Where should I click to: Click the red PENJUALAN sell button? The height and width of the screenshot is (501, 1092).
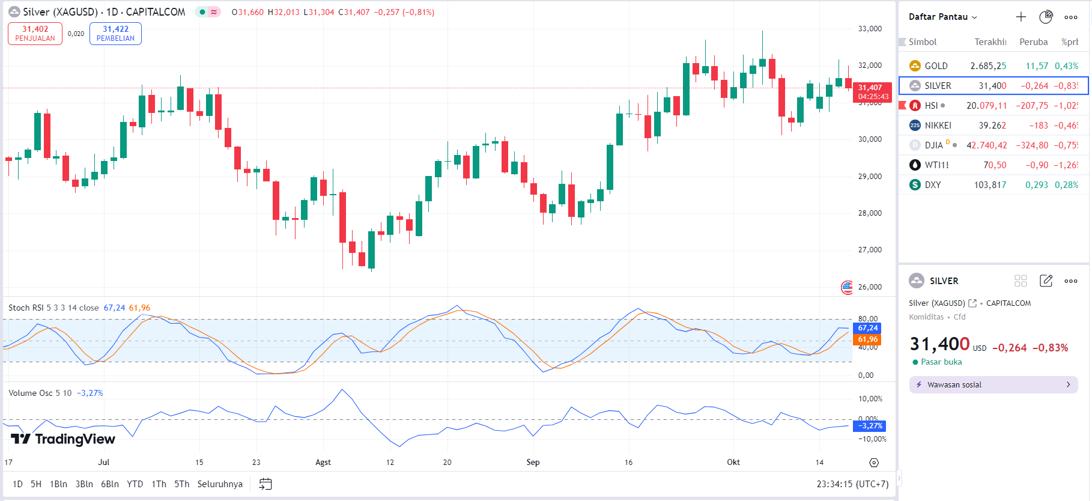[35, 34]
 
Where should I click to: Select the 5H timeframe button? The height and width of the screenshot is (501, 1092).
[36, 484]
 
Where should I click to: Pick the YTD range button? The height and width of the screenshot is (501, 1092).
[135, 484]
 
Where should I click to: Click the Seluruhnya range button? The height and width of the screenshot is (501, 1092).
[220, 484]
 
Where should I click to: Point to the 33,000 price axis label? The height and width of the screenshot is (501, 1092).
[870, 29]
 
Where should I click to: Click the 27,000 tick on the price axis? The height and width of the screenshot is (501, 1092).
[870, 250]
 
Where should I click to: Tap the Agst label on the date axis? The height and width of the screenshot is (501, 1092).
[323, 463]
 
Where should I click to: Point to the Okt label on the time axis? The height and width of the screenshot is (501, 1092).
[733, 463]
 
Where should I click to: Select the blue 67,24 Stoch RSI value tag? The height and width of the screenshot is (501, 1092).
[868, 328]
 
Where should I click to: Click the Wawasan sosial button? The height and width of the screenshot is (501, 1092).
[993, 385]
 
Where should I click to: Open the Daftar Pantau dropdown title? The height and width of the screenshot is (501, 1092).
[942, 17]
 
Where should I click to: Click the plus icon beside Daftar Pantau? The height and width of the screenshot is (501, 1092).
[1021, 17]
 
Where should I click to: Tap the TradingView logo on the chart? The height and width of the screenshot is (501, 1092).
[63, 439]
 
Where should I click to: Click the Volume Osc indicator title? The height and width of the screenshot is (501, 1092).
[40, 393]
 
